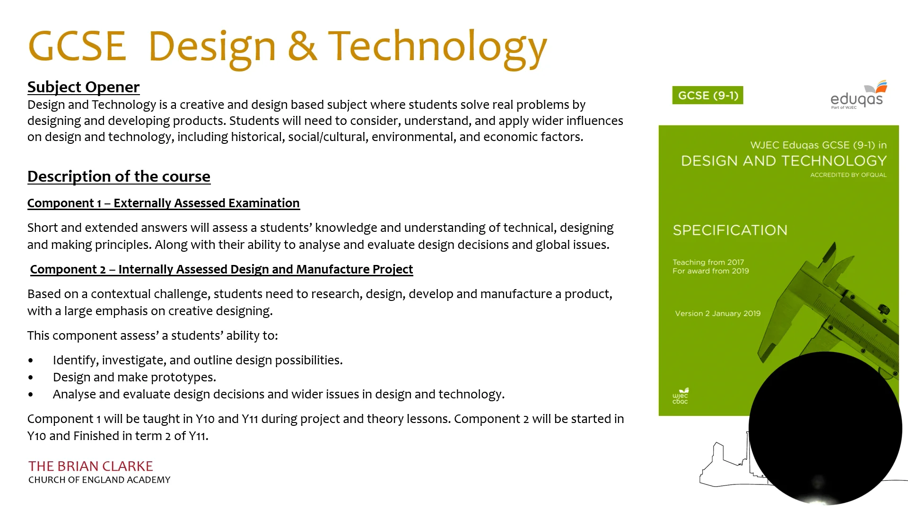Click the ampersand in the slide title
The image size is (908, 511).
tap(302, 46)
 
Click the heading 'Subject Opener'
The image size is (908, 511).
tap(83, 87)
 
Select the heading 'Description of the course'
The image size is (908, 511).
tap(119, 176)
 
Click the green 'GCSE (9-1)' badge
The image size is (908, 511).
tap(707, 96)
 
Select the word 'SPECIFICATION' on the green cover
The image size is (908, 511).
tap(730, 230)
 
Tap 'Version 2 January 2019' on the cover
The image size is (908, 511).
tap(717, 313)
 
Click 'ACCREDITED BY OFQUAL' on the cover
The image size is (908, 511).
tap(848, 175)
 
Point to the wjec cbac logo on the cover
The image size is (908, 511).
tap(681, 396)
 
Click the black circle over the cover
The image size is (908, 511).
tap(825, 428)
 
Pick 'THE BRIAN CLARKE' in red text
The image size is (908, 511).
tap(91, 466)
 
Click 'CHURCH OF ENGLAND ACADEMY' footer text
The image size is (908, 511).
tap(99, 480)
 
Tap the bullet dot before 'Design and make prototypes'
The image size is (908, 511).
tap(31, 378)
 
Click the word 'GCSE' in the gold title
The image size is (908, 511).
tap(78, 46)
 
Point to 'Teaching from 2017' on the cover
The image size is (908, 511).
tap(708, 262)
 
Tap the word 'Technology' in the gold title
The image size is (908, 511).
tap(437, 46)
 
